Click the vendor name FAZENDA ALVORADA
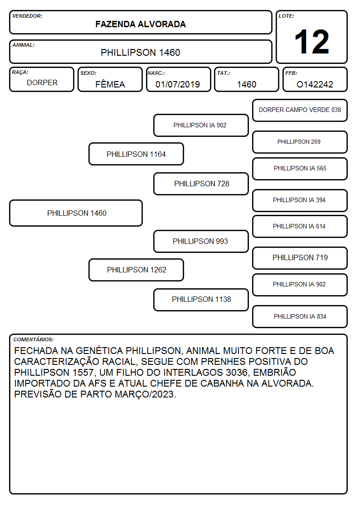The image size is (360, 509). point(141,24)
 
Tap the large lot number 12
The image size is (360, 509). point(311,42)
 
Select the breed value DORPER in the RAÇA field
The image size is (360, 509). point(42,83)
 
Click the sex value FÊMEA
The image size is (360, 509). point(110,84)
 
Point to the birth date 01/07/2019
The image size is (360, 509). point(178,84)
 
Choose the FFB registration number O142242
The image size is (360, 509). point(315,84)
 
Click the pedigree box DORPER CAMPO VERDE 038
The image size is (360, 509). point(300,111)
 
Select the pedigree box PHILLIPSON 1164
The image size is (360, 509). point(136,154)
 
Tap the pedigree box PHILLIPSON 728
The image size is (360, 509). point(201,184)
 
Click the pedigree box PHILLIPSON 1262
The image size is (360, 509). point(136,270)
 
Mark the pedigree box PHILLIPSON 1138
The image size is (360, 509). point(201,300)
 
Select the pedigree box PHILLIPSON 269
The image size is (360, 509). point(300,142)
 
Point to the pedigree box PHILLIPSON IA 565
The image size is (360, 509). point(300,169)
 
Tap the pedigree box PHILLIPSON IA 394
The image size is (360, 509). point(300,200)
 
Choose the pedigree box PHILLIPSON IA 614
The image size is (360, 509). point(300,226)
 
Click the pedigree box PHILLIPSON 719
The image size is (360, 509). point(300,258)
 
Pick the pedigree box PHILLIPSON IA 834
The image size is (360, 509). point(300,316)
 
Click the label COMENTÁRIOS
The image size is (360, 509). point(34,339)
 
